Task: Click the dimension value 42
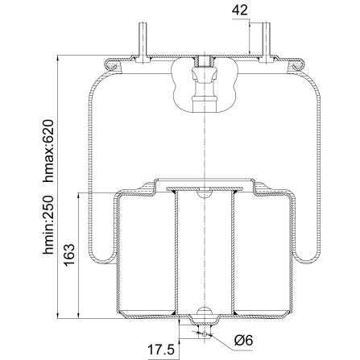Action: tap(240, 10)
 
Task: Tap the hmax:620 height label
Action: tap(48, 151)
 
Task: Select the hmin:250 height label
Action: tap(48, 225)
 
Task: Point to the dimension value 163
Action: tap(68, 255)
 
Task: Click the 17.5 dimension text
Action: tap(161, 350)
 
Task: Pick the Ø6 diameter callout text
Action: tap(244, 341)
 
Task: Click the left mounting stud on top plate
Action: tap(143, 43)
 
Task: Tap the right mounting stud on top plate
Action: tap(266, 43)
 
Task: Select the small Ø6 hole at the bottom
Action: tap(205, 334)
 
